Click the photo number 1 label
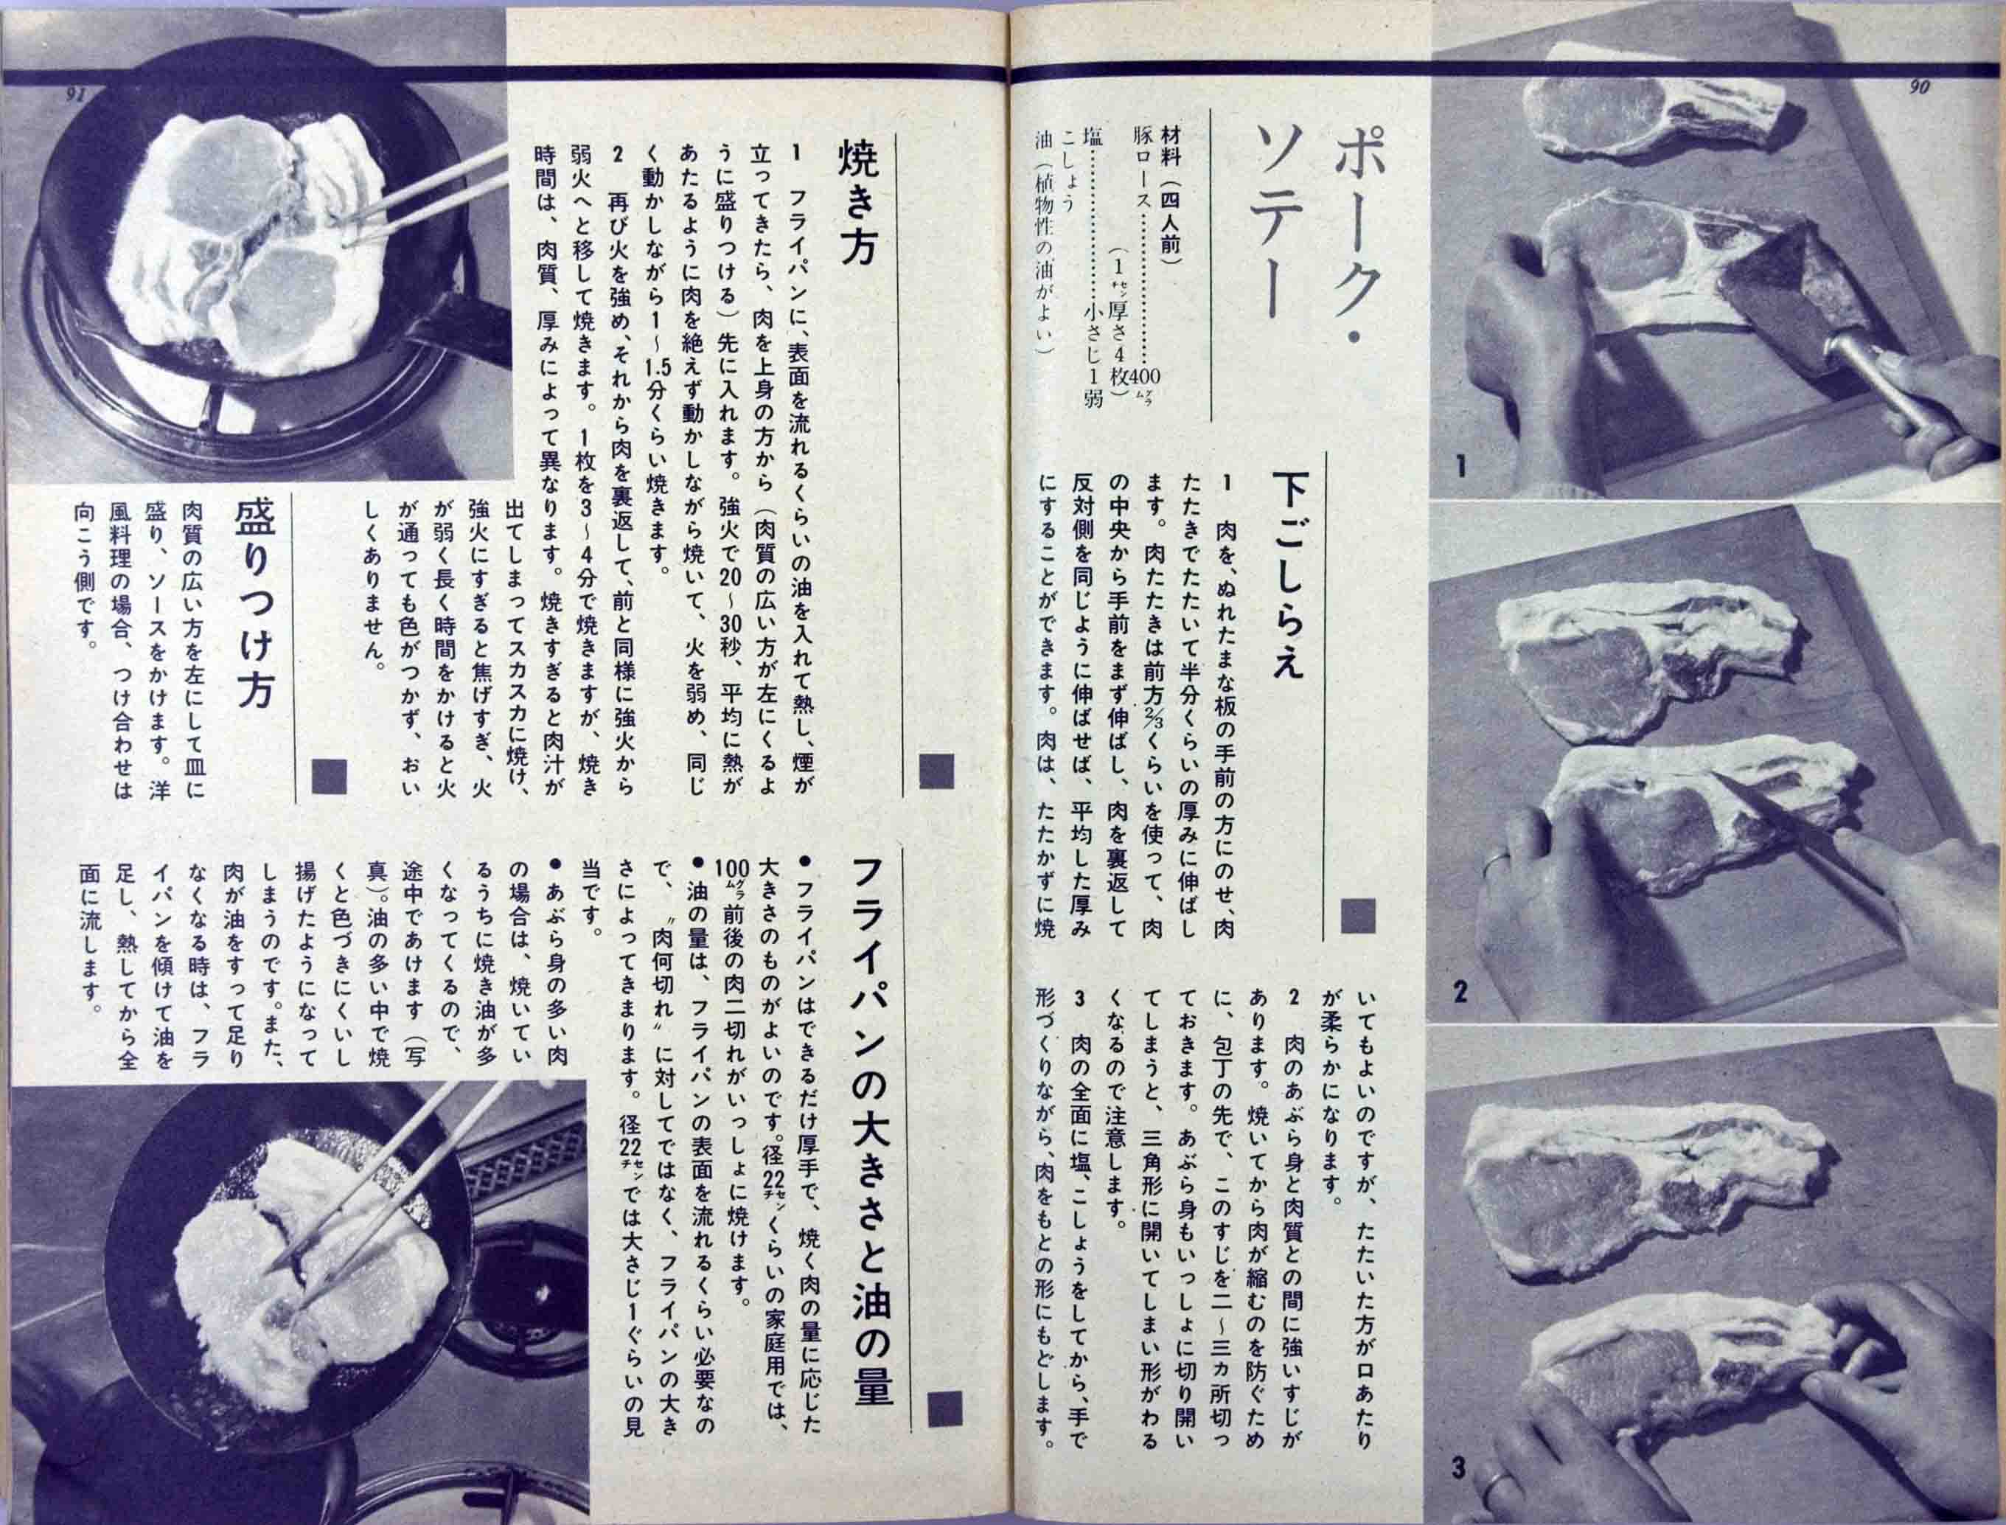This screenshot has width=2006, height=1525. [1460, 468]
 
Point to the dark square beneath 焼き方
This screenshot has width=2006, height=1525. [936, 771]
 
